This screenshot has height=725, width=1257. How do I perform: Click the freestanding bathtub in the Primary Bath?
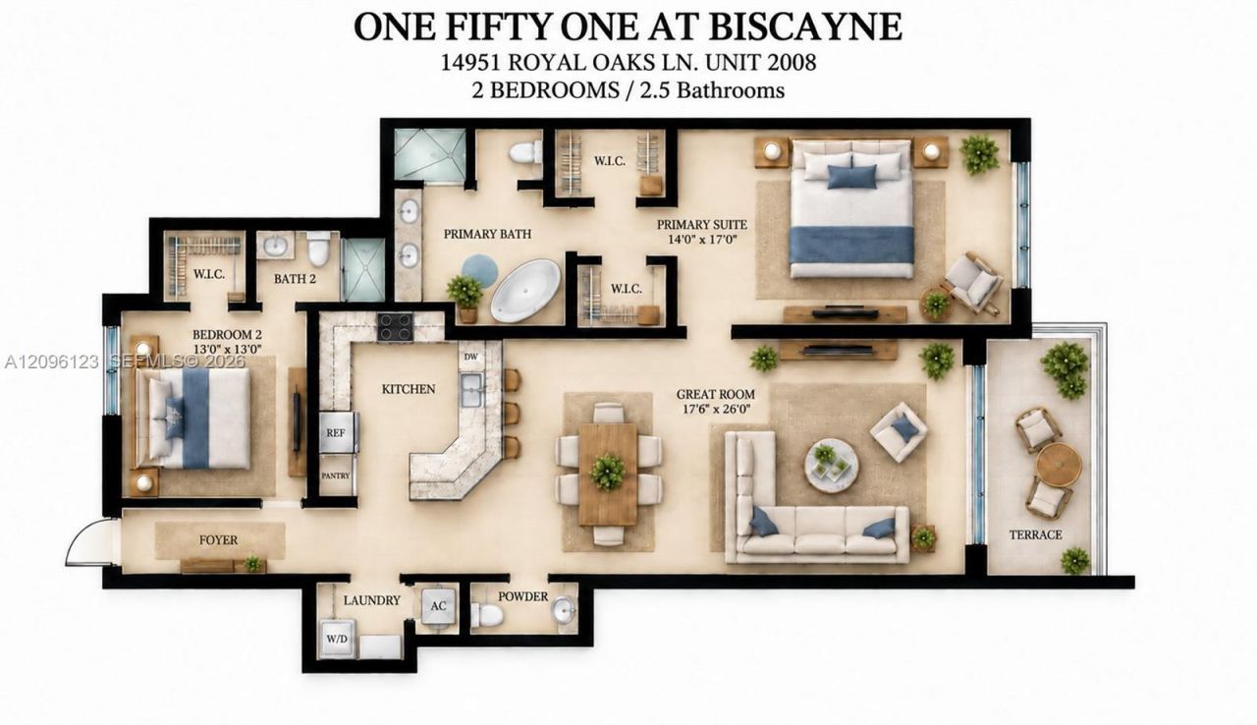[525, 290]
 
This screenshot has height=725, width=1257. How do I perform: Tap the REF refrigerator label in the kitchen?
[336, 432]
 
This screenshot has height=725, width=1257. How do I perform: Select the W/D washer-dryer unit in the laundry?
[337, 639]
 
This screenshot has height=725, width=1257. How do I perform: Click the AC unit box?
[438, 606]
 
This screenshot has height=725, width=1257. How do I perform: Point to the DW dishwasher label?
[470, 357]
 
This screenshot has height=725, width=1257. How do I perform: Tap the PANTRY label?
[336, 475]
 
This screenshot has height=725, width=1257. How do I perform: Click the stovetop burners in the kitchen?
[395, 327]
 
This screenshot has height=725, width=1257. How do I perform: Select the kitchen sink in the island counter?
[472, 390]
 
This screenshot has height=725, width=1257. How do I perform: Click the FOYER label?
[218, 540]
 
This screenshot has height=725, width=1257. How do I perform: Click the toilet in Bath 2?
[318, 248]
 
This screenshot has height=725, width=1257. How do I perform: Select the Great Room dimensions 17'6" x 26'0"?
[716, 409]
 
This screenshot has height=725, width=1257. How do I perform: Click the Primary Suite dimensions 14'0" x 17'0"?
[702, 239]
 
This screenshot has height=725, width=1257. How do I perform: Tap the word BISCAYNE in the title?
[806, 27]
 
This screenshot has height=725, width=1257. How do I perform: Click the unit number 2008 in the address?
[792, 62]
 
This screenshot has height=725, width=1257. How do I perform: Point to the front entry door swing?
[88, 542]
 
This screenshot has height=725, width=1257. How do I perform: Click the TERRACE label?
[1036, 534]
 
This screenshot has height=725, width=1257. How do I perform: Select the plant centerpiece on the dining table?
[607, 472]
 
